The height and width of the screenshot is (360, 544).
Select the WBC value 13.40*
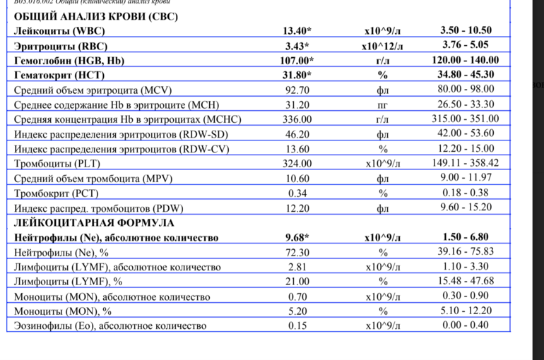(x=297, y=30)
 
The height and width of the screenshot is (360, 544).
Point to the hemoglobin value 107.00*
(x=297, y=61)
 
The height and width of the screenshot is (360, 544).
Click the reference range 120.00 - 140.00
(x=465, y=61)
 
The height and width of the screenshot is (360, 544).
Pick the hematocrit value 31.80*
(x=297, y=75)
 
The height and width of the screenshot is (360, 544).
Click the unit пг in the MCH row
(x=382, y=104)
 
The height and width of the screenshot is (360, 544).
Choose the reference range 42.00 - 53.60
(x=465, y=134)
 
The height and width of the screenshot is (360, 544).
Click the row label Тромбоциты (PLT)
(x=57, y=164)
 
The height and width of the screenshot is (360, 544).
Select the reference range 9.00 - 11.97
(x=465, y=179)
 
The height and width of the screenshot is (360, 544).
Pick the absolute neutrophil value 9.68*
(x=297, y=237)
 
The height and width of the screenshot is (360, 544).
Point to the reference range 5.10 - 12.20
(x=465, y=311)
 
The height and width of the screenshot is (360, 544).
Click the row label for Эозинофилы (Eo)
(x=110, y=325)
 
